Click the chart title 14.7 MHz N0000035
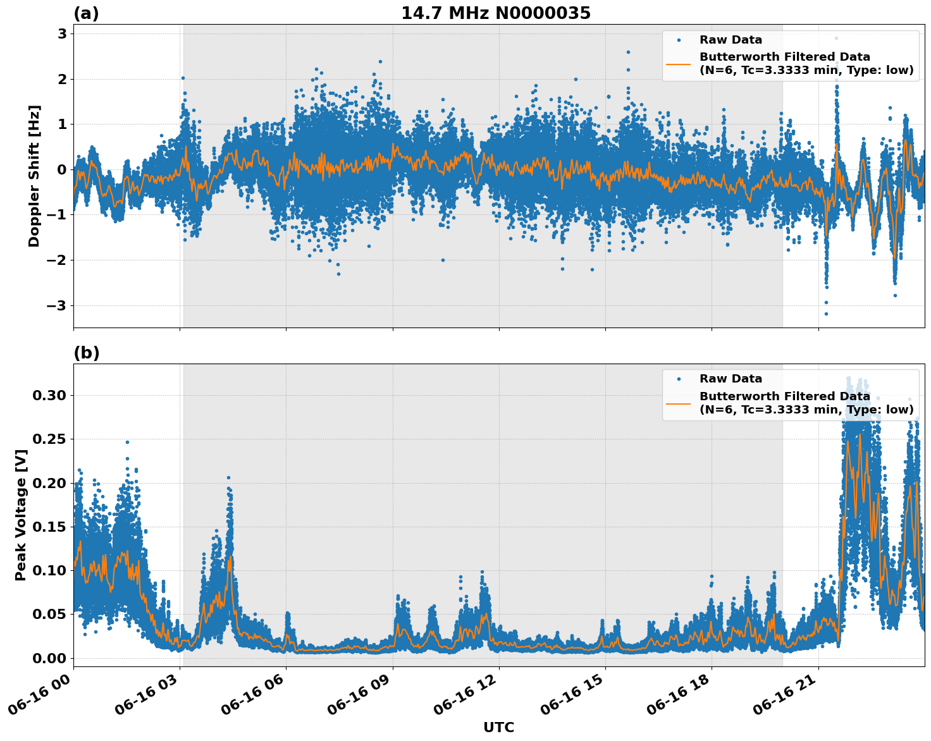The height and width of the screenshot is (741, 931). click(x=496, y=13)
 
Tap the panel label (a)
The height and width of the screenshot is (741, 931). click(x=86, y=13)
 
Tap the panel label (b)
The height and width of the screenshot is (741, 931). click(x=86, y=353)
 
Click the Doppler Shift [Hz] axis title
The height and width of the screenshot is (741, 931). click(x=34, y=176)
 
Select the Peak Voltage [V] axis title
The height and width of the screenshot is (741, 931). click(x=21, y=515)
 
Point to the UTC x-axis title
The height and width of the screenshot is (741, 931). click(x=498, y=727)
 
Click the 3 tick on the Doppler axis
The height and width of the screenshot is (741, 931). click(x=62, y=34)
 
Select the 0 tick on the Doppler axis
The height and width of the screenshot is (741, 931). click(x=62, y=169)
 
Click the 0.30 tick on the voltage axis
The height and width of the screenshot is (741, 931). click(x=49, y=396)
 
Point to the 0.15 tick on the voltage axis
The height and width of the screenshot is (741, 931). click(x=49, y=527)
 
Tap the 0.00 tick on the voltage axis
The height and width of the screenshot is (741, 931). click(x=49, y=658)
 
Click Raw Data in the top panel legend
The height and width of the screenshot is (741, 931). click(x=731, y=40)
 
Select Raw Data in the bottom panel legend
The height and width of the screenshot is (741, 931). click(x=731, y=379)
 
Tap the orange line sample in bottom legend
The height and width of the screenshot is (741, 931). click(x=679, y=403)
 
